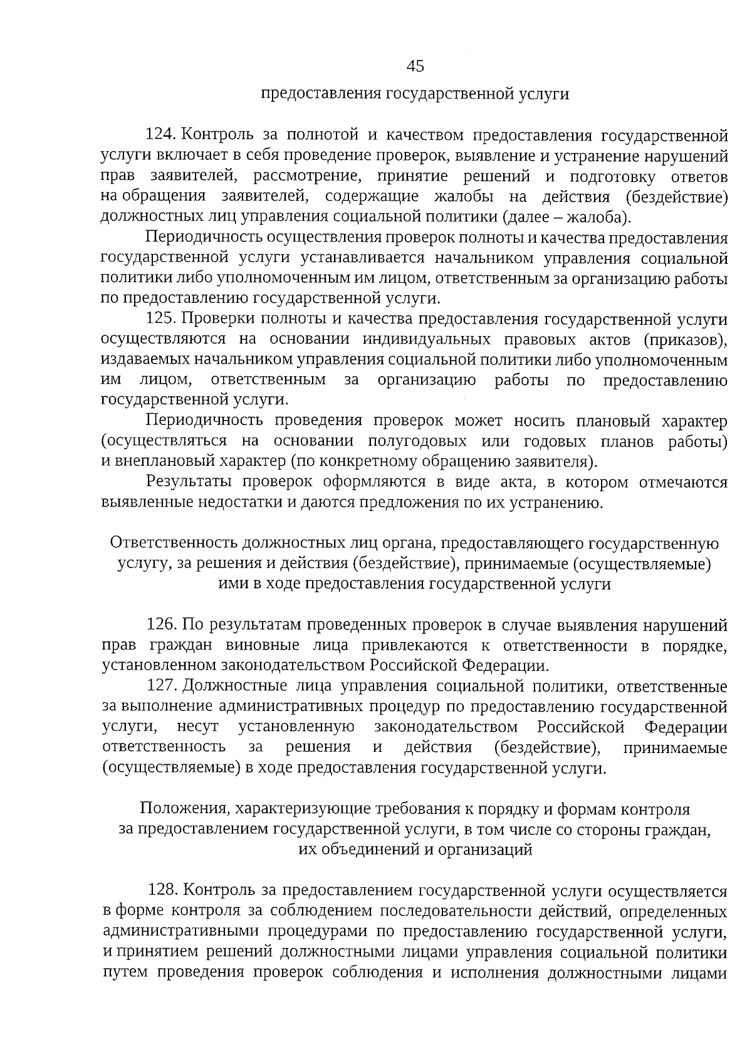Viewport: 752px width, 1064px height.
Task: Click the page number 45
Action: pos(415,66)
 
